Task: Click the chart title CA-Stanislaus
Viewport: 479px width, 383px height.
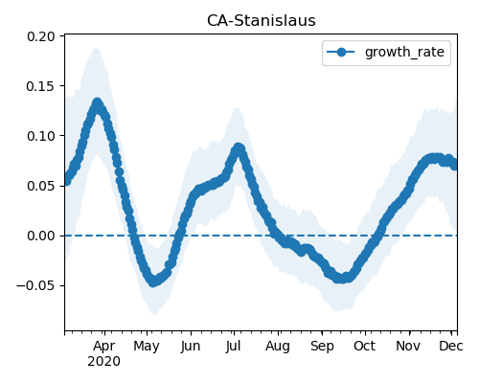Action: [x=262, y=21]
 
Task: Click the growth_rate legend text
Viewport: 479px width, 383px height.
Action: [x=404, y=52]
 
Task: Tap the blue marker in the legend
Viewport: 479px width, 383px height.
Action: [x=341, y=52]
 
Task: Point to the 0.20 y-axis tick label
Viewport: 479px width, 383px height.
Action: [x=41, y=36]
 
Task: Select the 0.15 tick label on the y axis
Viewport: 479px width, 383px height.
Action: [x=41, y=86]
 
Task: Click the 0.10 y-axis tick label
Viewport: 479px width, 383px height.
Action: [x=41, y=136]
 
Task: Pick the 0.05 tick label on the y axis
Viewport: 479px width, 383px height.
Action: [x=41, y=186]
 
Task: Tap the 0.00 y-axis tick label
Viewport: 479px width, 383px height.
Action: [x=41, y=236]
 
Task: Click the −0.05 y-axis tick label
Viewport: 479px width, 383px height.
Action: [x=35, y=285]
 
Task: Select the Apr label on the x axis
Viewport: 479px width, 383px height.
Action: [x=104, y=346]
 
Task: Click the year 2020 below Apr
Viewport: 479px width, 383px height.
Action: [x=104, y=362]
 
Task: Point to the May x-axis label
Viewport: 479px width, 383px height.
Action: [x=147, y=347]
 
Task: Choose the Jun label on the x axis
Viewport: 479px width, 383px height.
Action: [x=191, y=347]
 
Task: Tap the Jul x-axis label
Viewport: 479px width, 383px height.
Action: [x=233, y=346]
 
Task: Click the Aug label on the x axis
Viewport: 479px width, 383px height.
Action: [x=278, y=347]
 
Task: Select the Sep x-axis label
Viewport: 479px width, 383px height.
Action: [x=322, y=347]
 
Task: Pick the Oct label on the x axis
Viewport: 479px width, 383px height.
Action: [x=364, y=346]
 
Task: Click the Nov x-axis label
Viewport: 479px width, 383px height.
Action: [x=408, y=346]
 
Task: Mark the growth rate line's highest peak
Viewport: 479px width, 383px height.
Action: [x=97, y=103]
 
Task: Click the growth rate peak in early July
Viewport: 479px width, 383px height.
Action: [x=239, y=148]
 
